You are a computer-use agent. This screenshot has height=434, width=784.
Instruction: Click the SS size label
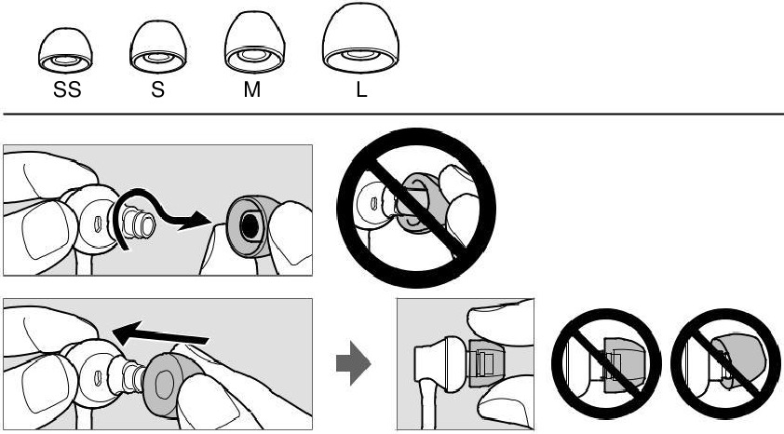pyautogui.click(x=67, y=89)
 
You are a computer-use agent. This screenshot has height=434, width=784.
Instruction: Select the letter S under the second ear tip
pyautogui.click(x=157, y=89)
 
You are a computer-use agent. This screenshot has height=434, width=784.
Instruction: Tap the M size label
pyautogui.click(x=252, y=89)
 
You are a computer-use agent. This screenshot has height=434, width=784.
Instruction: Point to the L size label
pyautogui.click(x=361, y=89)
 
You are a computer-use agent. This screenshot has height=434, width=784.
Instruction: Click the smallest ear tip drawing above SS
pyautogui.click(x=65, y=50)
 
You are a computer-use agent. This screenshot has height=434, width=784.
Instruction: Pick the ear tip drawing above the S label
pyautogui.click(x=158, y=47)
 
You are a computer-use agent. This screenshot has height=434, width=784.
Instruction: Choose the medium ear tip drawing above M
pyautogui.click(x=254, y=43)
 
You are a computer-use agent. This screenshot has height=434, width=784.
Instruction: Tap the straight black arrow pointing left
pyautogui.click(x=160, y=334)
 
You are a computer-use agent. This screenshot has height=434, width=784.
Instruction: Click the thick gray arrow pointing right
pyautogui.click(x=353, y=363)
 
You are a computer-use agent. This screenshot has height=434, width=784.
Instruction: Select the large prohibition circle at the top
pyautogui.click(x=416, y=208)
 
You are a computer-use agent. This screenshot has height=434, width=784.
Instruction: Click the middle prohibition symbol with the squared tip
pyautogui.click(x=606, y=363)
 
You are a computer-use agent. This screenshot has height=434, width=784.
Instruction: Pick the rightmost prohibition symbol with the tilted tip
pyautogui.click(x=725, y=363)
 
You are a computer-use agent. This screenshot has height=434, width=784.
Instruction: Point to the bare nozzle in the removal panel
pyautogui.click(x=139, y=223)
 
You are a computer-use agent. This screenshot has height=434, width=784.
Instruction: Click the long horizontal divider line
pyautogui.click(x=394, y=115)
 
